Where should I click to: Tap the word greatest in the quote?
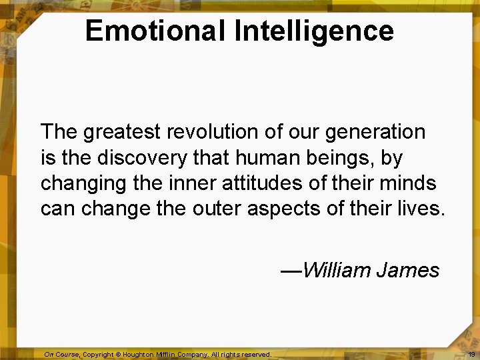pyautogui.click(x=122, y=133)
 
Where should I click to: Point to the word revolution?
pyautogui.click(x=213, y=132)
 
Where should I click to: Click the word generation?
pyautogui.click(x=375, y=132)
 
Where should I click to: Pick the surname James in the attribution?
pyautogui.click(x=408, y=271)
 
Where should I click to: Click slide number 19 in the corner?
pyautogui.click(x=471, y=354)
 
